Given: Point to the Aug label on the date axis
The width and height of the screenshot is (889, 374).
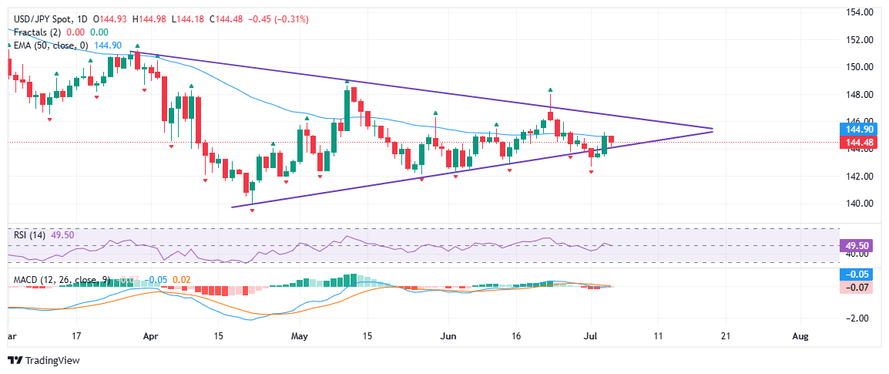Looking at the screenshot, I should tap(801, 336).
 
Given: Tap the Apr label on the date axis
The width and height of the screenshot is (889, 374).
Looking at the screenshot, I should tap(151, 336).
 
